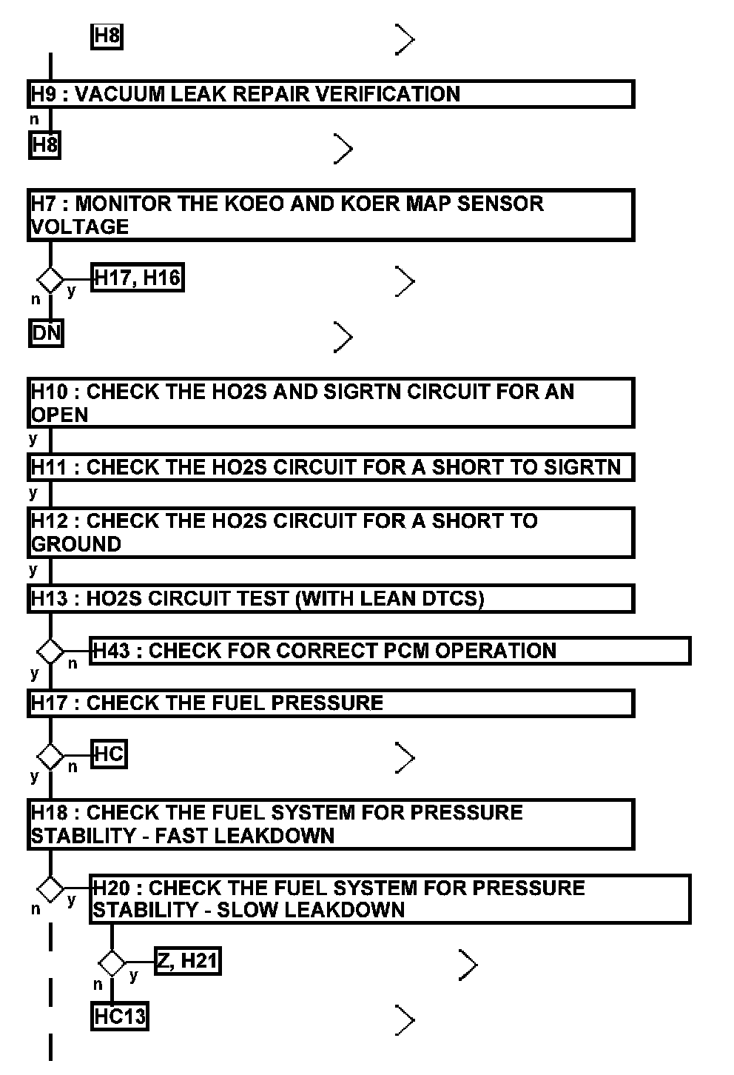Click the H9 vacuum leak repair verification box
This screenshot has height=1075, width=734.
click(331, 94)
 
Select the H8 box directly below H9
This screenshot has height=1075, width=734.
click(44, 145)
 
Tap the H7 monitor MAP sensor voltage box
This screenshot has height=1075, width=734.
click(331, 215)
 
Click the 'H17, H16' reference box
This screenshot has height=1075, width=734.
click(137, 278)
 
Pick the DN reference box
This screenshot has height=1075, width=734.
click(46, 333)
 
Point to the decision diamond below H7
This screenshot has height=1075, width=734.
click(50, 280)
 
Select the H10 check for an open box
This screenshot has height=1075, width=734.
click(331, 403)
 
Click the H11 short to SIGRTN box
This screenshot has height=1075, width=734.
click(331, 467)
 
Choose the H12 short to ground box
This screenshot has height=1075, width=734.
click(331, 532)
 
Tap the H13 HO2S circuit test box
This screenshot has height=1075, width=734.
click(331, 598)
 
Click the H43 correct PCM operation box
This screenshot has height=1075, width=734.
click(390, 651)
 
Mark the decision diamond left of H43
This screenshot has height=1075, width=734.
click(50, 652)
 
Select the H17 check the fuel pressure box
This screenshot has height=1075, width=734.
click(331, 703)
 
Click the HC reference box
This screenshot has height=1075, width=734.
click(109, 754)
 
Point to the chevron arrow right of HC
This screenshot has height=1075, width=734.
click(405, 757)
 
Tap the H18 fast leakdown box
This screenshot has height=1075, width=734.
click(331, 824)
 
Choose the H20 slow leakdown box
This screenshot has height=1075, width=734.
click(390, 899)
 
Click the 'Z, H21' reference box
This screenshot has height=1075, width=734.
click(187, 961)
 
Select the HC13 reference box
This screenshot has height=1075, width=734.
click(119, 1017)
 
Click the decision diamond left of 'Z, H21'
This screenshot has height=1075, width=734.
click(112, 963)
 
